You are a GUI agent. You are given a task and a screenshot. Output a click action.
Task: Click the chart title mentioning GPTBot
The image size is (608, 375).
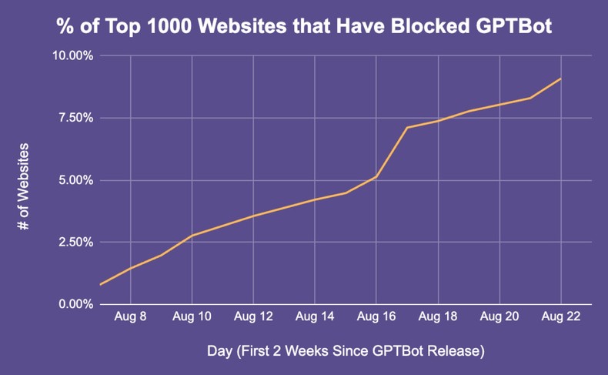pos(304,25)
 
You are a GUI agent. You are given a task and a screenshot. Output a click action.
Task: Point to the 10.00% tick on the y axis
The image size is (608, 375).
pos(72,56)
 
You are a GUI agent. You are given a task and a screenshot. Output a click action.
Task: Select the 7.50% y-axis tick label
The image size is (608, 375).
pos(75,118)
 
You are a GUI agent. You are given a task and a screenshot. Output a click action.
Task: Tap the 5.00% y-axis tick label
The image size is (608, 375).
pos(75,180)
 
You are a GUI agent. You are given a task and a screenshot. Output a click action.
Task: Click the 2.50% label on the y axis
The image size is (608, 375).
pos(75,242)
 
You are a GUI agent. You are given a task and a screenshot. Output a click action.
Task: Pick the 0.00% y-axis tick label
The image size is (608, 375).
pos(75,304)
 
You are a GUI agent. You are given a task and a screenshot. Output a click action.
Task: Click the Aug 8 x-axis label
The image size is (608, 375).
pos(130,316)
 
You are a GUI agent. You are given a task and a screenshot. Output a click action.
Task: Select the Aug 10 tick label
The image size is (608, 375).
pos(192,316)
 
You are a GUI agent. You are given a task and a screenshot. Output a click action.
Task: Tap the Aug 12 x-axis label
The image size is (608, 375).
pos(253,316)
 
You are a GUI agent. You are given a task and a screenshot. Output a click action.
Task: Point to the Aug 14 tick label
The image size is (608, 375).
pos(315,316)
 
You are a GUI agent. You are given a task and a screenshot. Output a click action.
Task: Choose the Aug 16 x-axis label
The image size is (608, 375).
pos(376,316)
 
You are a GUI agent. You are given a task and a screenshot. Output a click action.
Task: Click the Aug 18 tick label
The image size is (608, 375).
pos(438,316)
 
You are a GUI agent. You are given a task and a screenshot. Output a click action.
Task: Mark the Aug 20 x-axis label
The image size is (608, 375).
pos(499,316)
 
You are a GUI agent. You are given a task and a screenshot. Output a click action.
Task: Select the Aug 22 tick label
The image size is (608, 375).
pos(560,316)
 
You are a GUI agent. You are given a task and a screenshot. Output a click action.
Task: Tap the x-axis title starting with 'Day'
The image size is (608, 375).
pos(346,352)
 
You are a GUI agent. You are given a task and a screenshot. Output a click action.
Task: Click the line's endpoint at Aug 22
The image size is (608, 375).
pos(560,79)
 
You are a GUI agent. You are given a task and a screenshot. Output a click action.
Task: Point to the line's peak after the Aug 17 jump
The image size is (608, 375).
pos(407,127)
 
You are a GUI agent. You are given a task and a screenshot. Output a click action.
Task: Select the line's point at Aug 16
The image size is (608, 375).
pos(376,176)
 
